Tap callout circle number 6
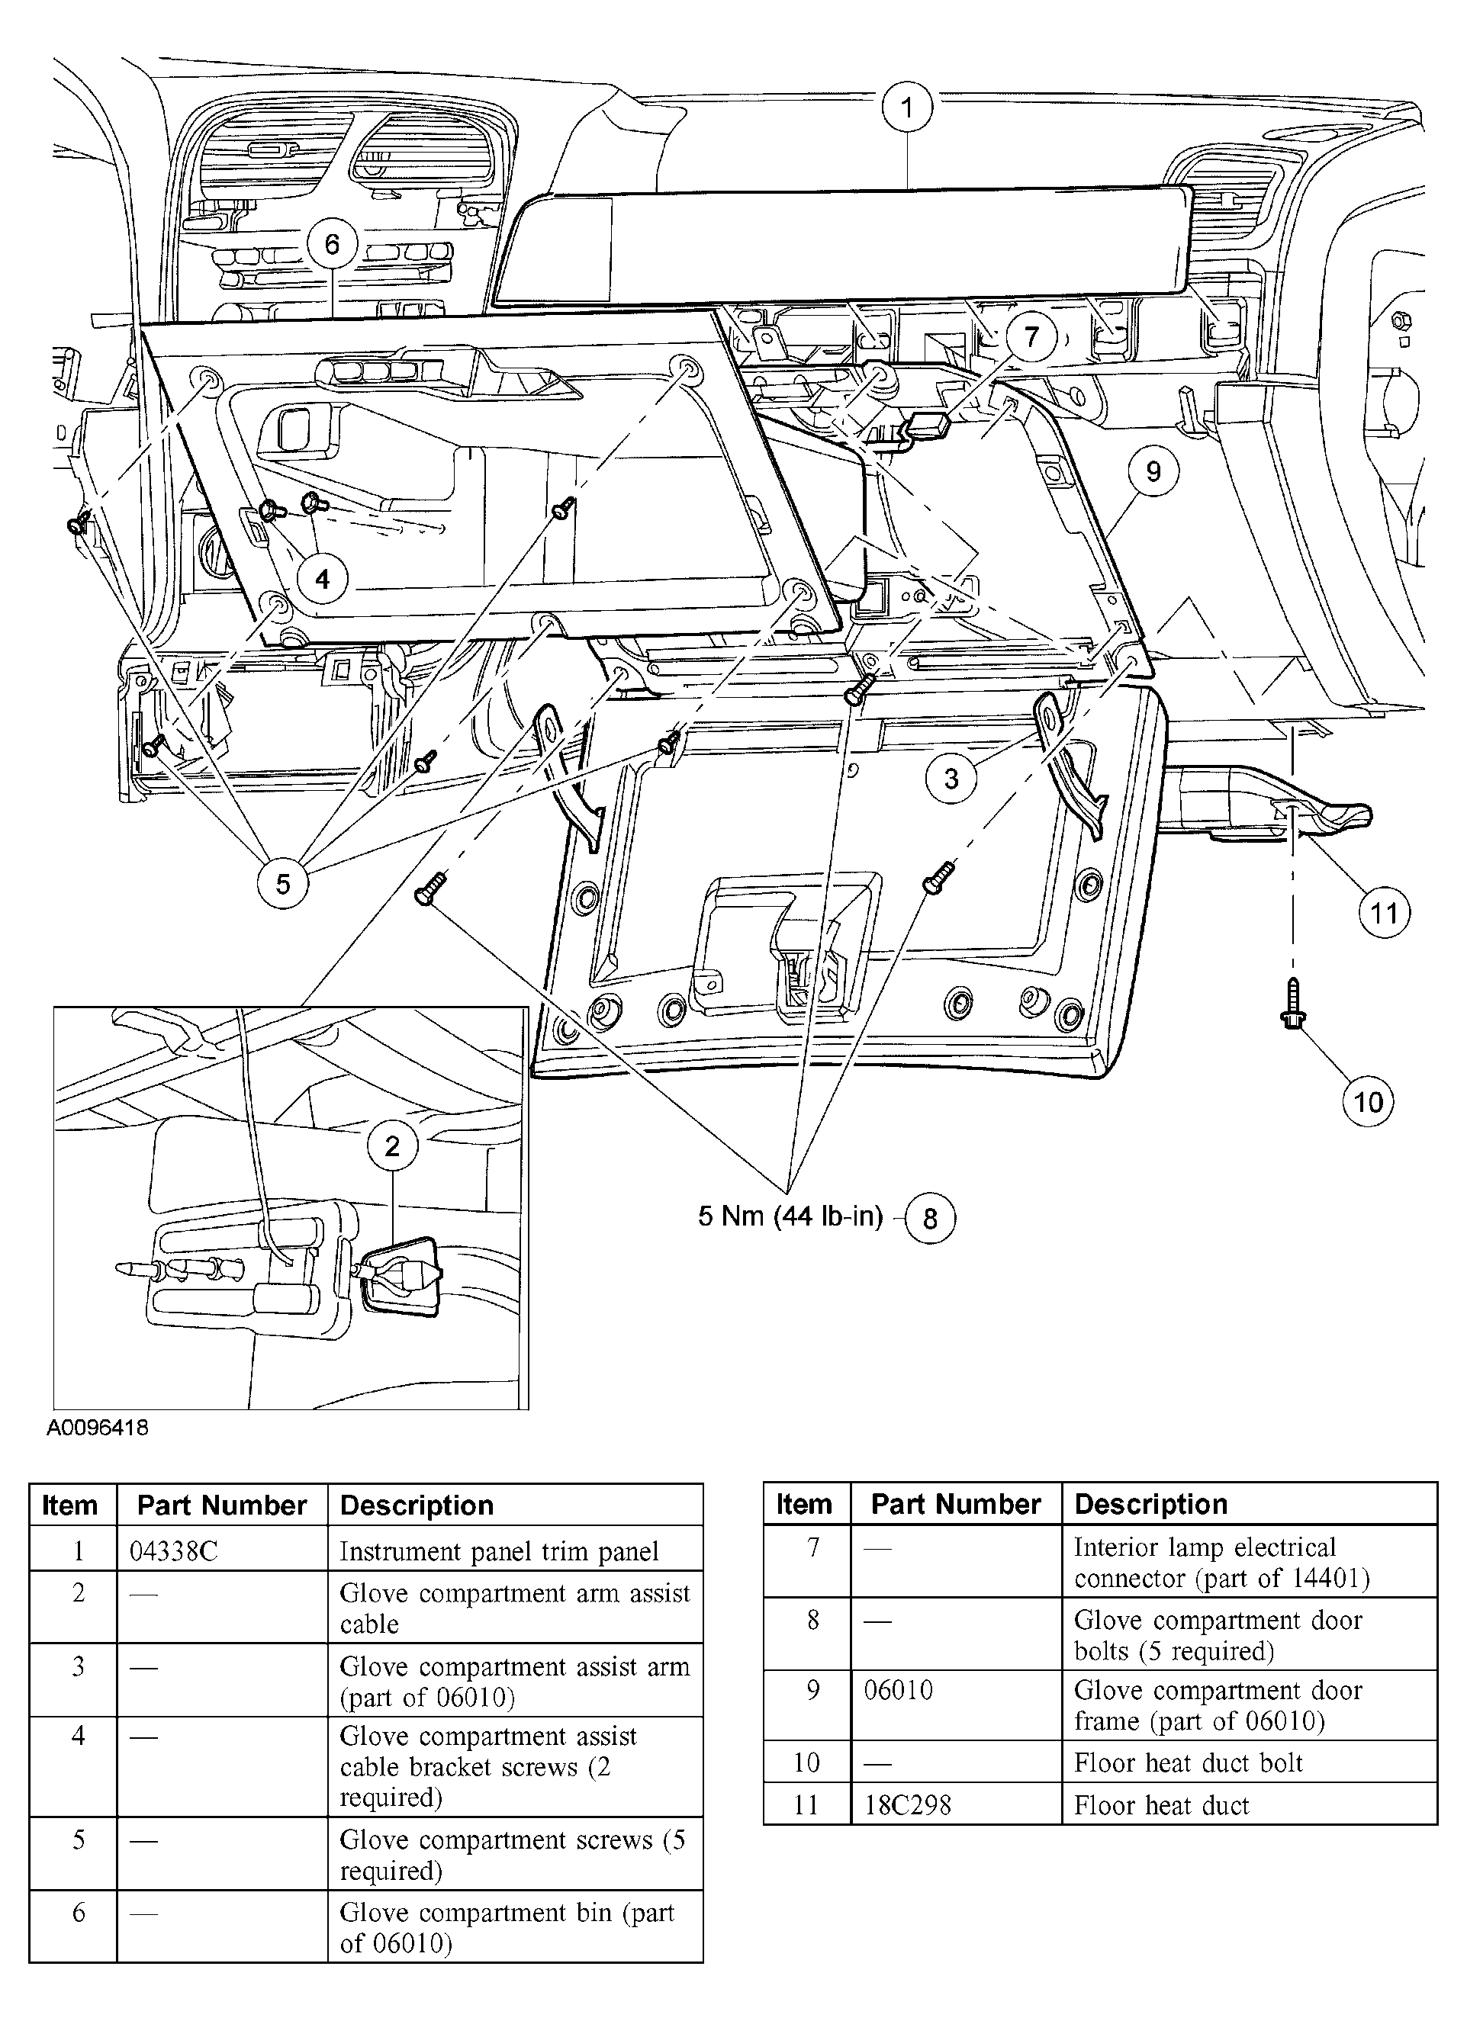coord(333,244)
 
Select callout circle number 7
coord(1032,337)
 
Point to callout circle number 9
coord(1153,471)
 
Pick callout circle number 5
coord(282,884)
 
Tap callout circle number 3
coord(951,779)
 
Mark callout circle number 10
coord(1367,1102)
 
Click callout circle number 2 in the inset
coord(392,1146)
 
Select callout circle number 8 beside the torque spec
coord(931,1218)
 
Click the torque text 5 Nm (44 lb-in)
coord(790,1216)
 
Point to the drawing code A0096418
coord(97,1428)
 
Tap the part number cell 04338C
coord(173,1551)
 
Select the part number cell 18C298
coord(908,1805)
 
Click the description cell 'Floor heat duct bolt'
coord(1188,1762)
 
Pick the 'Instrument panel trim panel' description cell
coord(499,1551)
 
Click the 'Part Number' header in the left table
coord(222,1505)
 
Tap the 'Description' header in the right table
coord(1150,1504)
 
